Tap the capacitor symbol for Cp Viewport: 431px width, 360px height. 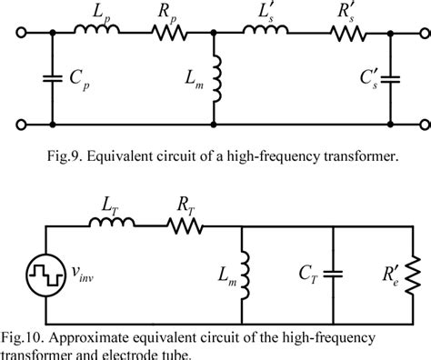click(51, 79)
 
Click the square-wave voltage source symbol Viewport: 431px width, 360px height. click(45, 270)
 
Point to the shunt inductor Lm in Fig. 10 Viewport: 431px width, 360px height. click(241, 270)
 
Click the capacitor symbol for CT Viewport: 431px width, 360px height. click(334, 270)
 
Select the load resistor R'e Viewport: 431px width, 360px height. click(410, 270)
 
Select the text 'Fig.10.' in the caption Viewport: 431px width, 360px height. click(27, 325)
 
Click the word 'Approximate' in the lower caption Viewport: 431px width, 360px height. click(99, 325)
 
